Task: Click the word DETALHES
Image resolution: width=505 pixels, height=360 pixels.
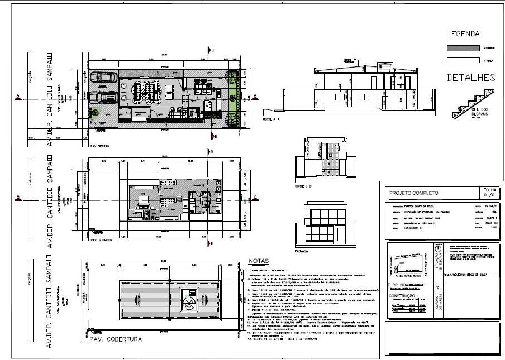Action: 471,78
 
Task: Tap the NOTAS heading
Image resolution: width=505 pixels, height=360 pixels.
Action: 259,261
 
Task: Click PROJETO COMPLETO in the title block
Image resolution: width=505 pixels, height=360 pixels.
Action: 413,193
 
